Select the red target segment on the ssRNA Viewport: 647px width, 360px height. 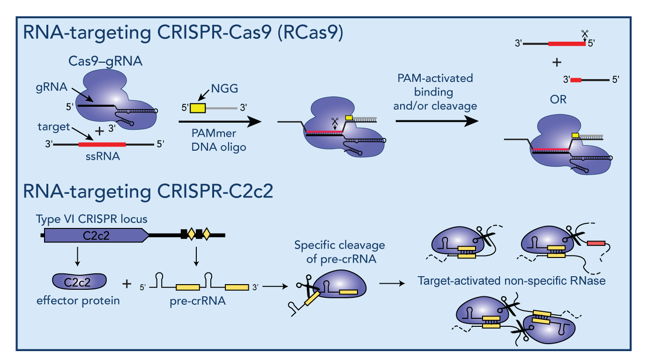[x=102, y=144]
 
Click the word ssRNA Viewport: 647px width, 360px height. [x=102, y=157]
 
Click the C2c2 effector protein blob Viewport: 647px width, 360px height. [x=79, y=281]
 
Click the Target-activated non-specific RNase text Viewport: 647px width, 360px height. [x=512, y=281]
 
